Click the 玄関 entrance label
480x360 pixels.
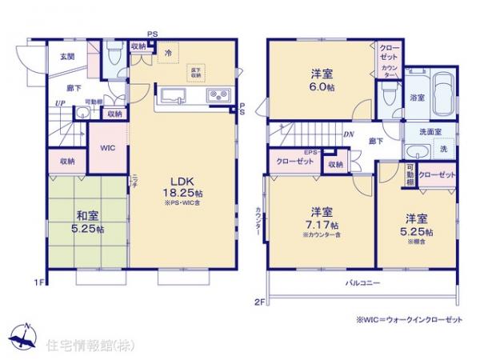[67, 56]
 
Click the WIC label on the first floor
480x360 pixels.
[106, 148]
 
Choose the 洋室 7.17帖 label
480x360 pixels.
[322, 218]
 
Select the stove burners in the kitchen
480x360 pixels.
[218, 97]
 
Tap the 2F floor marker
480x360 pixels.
[260, 302]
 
